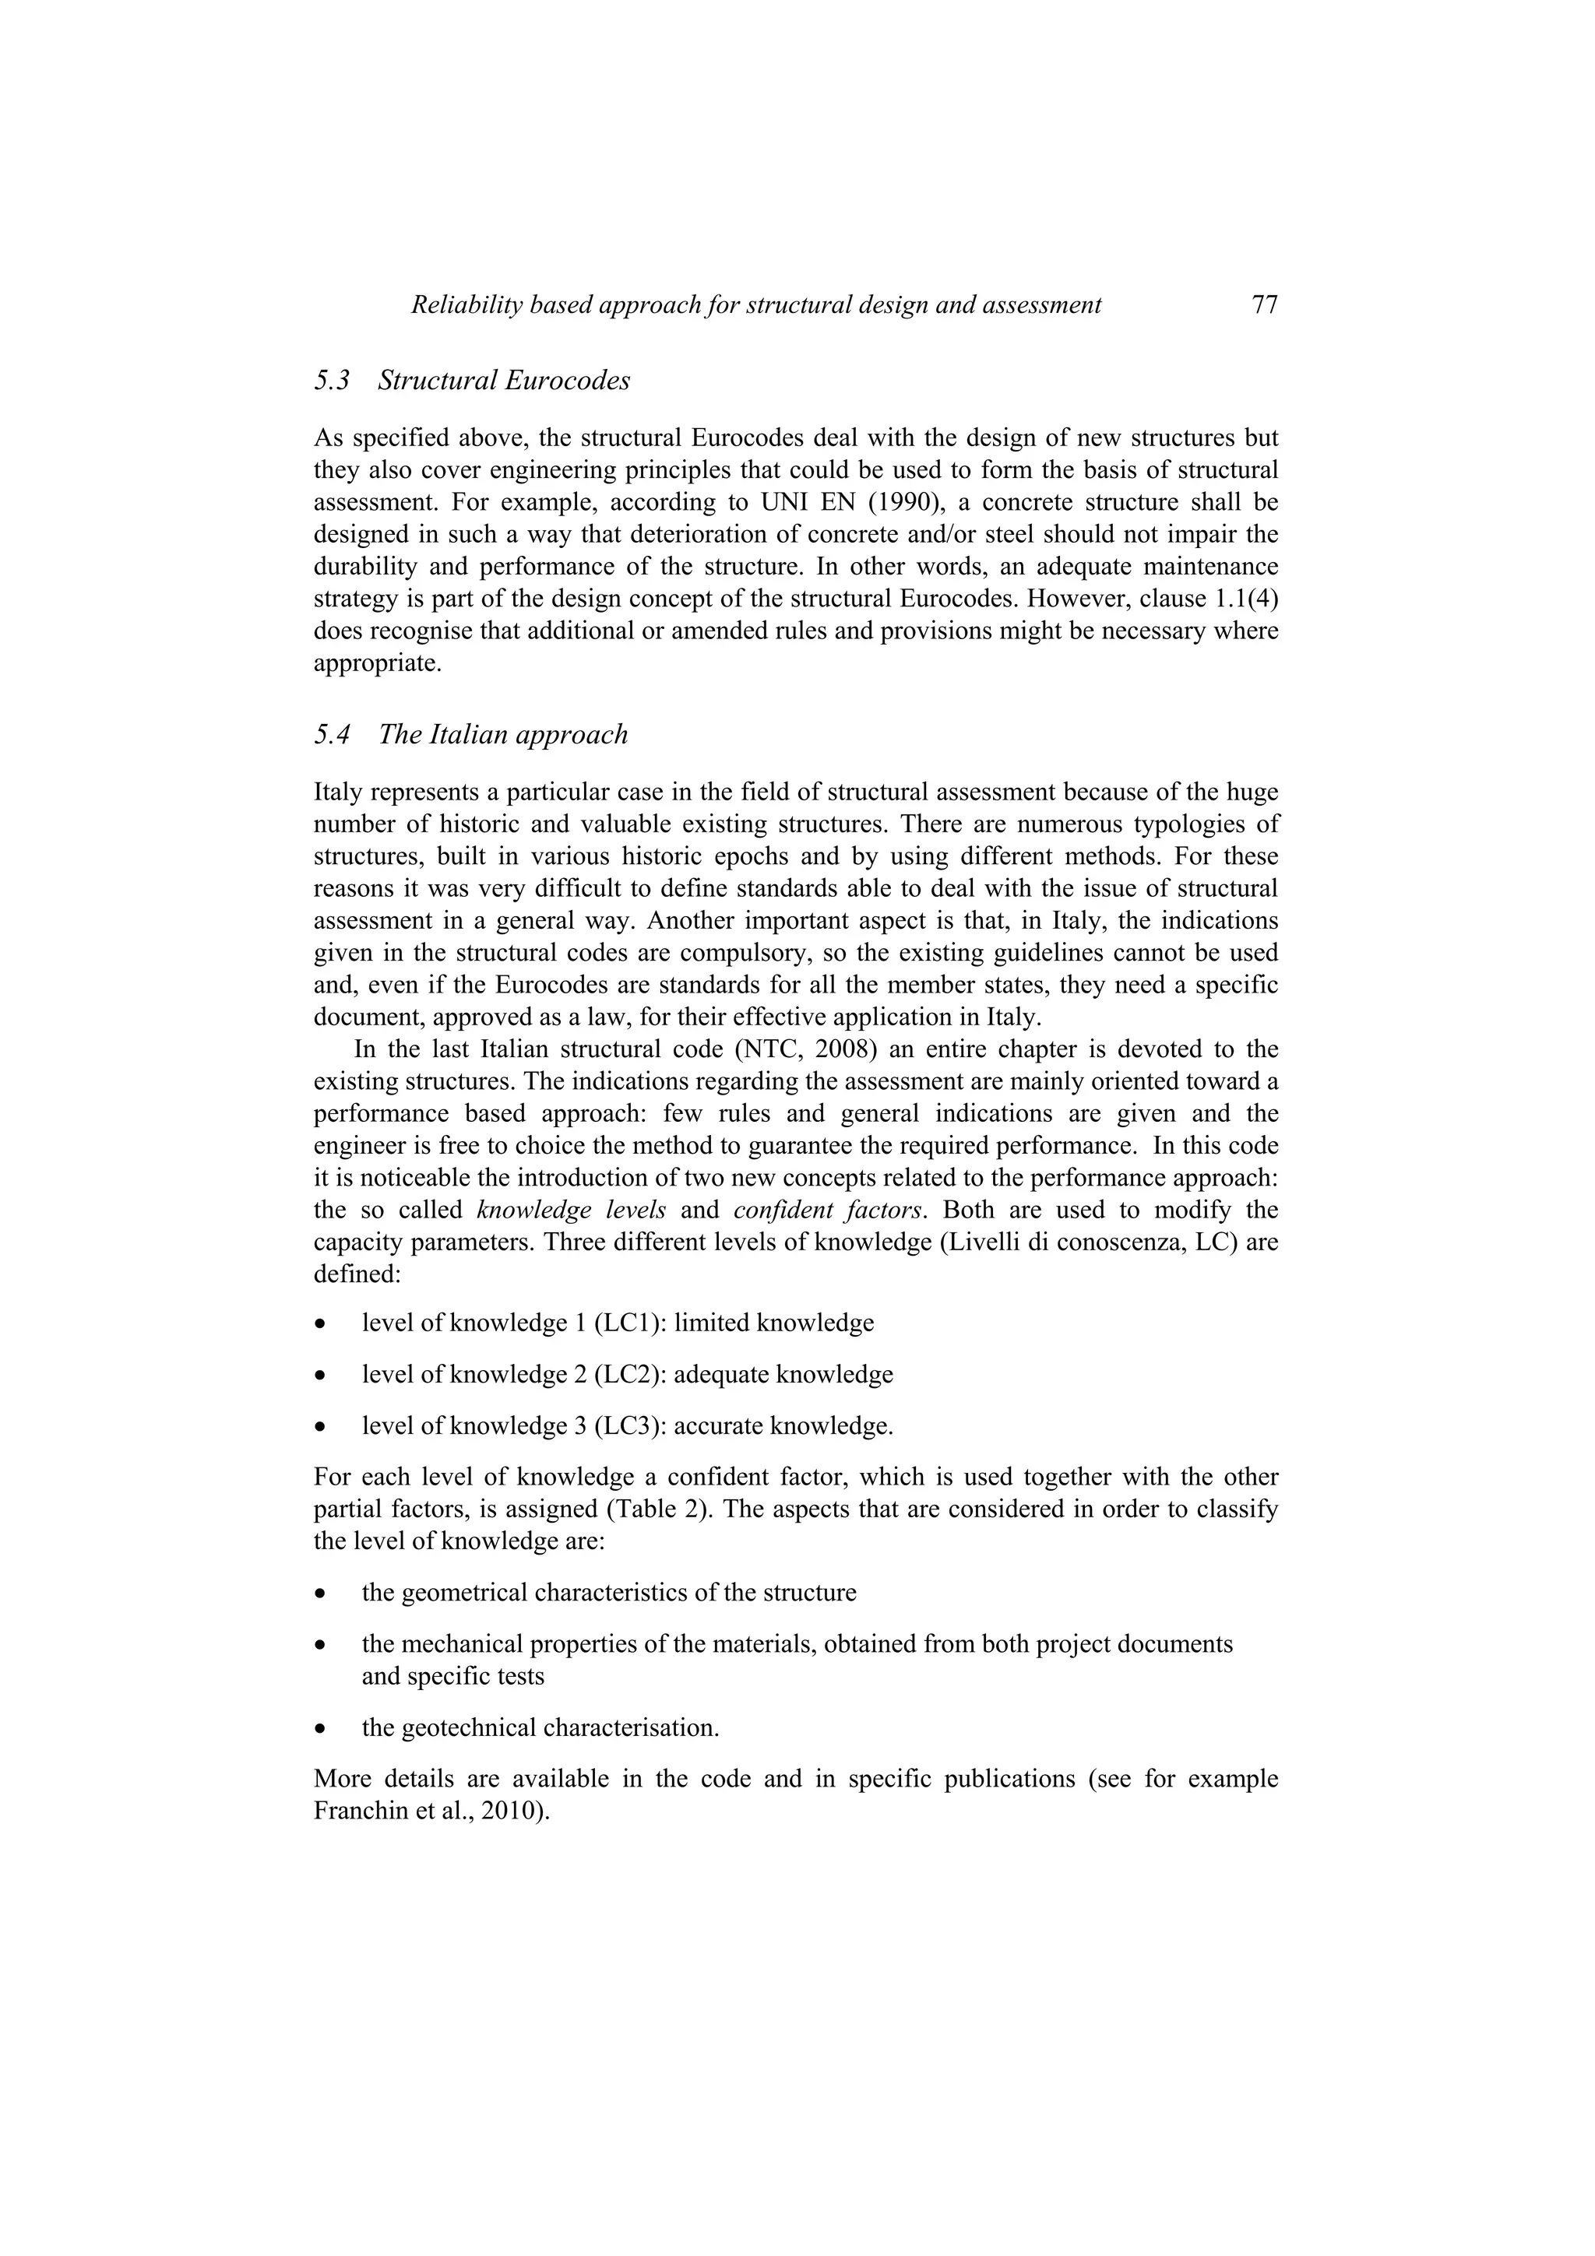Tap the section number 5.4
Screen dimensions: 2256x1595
click(333, 734)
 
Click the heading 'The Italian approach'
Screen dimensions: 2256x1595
click(502, 734)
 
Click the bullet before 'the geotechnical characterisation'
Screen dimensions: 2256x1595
click(319, 1728)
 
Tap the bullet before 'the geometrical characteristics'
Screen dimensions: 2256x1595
click(319, 1593)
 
